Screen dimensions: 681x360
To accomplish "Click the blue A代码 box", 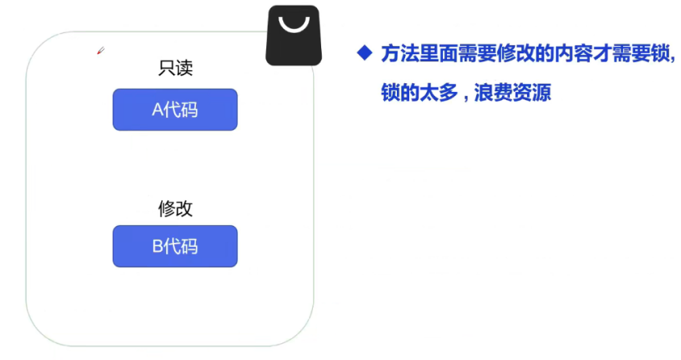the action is (x=175, y=110).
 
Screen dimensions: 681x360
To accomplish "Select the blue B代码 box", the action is (x=175, y=246).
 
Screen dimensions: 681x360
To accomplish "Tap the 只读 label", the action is (x=175, y=69).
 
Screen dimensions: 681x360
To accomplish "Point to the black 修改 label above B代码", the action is (x=175, y=208).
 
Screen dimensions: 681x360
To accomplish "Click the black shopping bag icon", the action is (x=294, y=36).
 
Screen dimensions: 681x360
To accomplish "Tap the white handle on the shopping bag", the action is (x=294, y=27).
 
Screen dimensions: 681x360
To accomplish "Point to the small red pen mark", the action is (x=101, y=52).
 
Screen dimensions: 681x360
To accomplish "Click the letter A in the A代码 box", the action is (x=157, y=110).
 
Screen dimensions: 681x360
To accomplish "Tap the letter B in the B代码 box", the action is (x=157, y=246).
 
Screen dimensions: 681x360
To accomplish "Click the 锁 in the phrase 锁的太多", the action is (x=391, y=93).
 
